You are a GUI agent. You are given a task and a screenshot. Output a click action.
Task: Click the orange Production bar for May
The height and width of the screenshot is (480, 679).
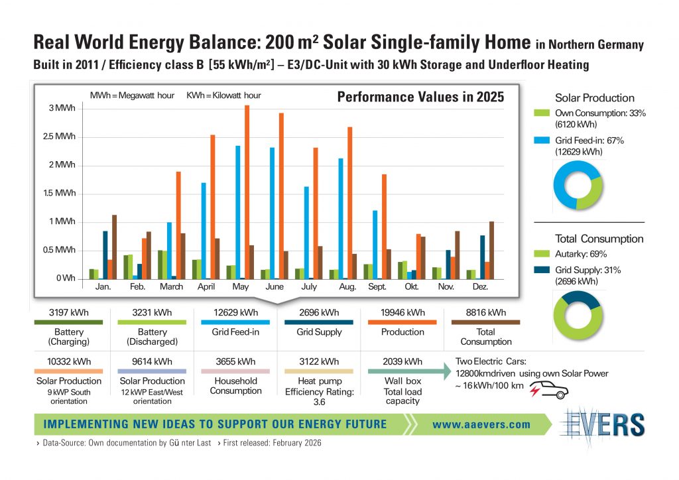point(247,192)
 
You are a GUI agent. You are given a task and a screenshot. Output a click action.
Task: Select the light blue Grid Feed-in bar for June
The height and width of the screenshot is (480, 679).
point(272,212)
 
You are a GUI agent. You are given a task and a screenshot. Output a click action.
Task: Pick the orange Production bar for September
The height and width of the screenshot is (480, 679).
point(383,225)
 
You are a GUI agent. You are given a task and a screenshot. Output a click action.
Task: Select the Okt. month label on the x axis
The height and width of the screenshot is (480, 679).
point(412,288)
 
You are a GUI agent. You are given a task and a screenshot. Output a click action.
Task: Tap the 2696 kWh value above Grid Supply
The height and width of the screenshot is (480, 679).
point(319,312)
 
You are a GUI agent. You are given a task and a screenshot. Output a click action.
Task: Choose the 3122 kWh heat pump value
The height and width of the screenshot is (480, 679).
point(319,361)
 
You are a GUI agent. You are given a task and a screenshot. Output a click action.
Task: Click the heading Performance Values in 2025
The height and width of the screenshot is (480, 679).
point(421,97)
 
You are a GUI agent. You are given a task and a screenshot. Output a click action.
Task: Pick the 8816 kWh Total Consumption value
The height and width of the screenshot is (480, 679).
point(486,312)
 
